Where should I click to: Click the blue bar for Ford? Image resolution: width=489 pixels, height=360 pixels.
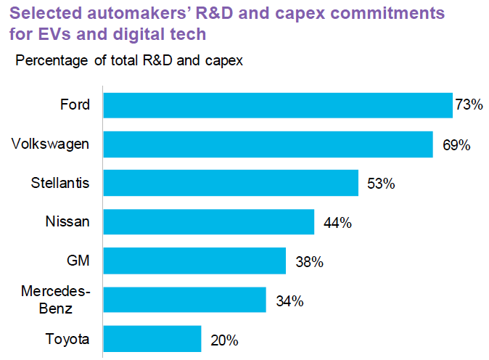277,105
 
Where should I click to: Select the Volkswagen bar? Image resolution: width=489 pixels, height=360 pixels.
268,144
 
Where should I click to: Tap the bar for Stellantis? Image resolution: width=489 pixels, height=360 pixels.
231,183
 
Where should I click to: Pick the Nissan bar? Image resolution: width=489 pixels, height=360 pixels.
208,222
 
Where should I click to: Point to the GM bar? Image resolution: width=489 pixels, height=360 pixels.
194,261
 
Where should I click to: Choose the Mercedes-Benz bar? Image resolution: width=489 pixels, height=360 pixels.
184,300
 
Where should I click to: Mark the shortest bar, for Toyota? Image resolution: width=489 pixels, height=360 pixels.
152,339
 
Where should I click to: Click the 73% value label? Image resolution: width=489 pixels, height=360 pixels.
469,105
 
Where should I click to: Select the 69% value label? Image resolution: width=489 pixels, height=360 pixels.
456,144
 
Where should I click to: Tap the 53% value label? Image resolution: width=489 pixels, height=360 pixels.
380,184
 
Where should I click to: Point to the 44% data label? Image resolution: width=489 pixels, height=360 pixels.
337,223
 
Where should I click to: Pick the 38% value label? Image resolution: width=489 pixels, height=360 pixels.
309,261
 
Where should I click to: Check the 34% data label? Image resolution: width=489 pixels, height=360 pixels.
289,300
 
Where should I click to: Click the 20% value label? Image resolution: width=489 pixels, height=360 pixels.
223,340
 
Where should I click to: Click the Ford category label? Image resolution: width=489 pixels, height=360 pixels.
75,105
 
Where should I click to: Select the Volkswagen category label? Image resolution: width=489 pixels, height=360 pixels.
51,144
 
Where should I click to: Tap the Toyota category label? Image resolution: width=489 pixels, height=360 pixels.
67,339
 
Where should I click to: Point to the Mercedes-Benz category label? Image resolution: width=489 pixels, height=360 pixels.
55,300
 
